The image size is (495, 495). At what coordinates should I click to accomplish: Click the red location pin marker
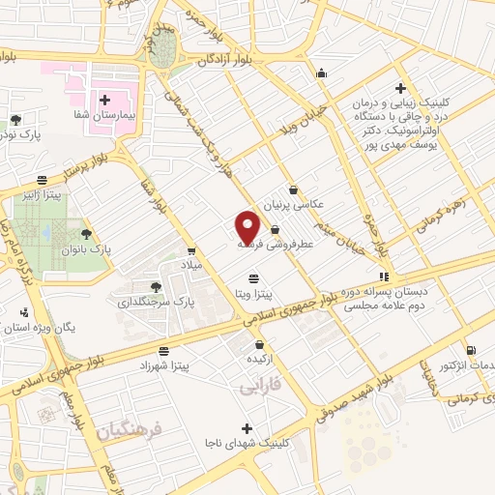click(248, 227)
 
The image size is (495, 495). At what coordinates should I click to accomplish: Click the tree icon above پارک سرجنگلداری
click(157, 286)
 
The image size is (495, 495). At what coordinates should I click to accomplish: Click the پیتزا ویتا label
click(252, 292)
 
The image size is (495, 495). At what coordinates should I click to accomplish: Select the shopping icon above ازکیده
click(259, 344)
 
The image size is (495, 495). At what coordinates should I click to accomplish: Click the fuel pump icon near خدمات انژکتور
click(471, 350)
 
